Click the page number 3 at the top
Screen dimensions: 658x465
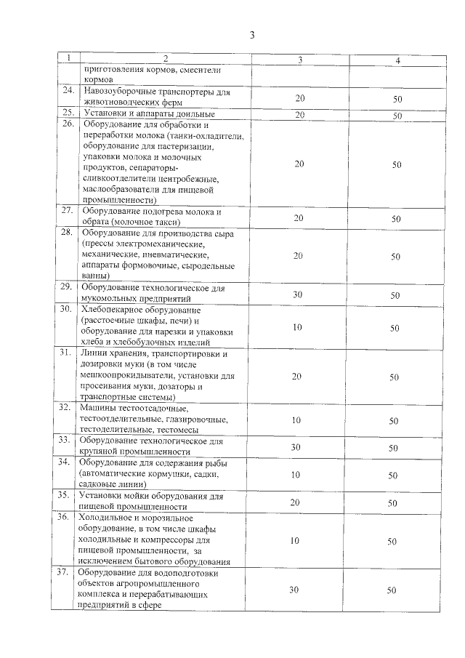coord(251,34)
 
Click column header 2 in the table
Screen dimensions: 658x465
coord(165,59)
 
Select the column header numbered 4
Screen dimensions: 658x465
coord(397,60)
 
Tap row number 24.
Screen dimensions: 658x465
coord(69,91)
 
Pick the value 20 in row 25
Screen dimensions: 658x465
coord(299,115)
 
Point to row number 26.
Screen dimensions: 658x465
coord(69,125)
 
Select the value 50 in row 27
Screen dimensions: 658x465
coord(396,218)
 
